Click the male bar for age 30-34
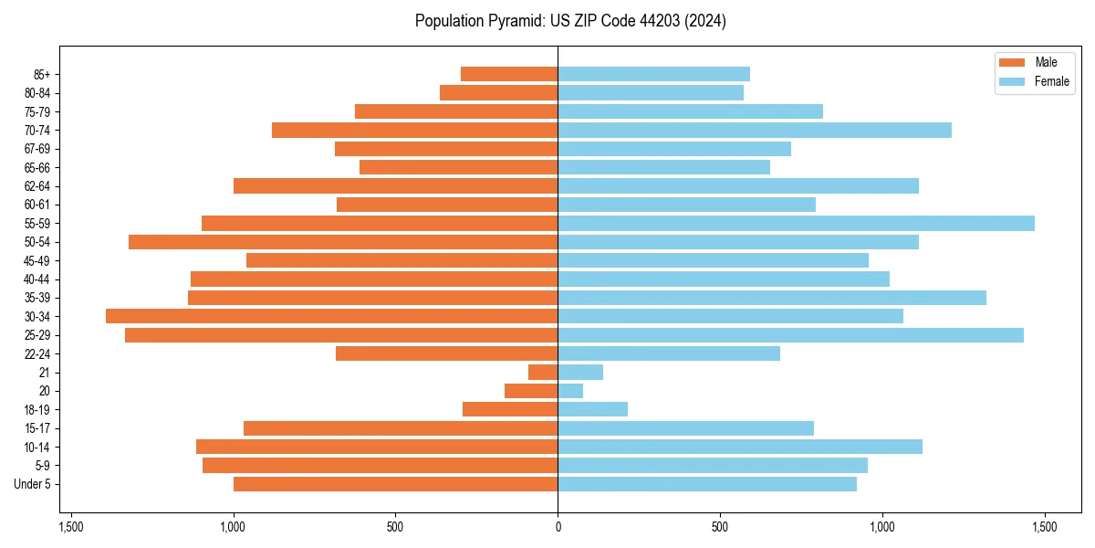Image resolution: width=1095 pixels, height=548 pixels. (331, 316)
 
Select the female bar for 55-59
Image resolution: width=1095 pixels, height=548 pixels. (796, 223)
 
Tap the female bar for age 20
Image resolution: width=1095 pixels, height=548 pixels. (570, 391)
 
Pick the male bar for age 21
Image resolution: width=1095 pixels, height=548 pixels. (543, 372)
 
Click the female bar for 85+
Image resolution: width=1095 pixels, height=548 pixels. (653, 74)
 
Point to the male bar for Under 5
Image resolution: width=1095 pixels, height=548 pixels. (395, 484)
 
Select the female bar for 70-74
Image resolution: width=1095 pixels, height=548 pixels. (754, 130)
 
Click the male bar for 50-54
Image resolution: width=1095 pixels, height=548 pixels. (343, 242)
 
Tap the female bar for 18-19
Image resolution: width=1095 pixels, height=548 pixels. (592, 409)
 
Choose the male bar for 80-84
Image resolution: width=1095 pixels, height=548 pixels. (498, 92)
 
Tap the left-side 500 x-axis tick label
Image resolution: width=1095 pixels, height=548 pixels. (395, 527)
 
